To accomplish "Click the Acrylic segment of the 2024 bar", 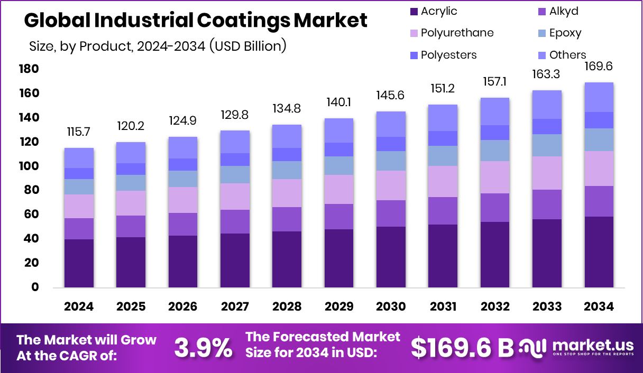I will pos(79,263).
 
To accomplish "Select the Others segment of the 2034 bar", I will pos(599,97).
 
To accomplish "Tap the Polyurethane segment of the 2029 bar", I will pos(339,189).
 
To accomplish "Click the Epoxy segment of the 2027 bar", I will pos(235,174).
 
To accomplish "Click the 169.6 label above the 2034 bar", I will pos(599,67).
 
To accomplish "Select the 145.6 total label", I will pos(391,96).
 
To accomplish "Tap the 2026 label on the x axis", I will pos(183,306).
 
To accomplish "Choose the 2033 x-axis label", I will pos(547,306).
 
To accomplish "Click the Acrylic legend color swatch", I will pos(414,11).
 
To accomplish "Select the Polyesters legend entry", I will pos(448,55).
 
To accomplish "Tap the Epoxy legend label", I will pos(565,33).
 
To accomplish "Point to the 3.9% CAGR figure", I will pos(203,347).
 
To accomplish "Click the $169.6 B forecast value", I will pos(462,347).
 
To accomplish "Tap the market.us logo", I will pos(576,347).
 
